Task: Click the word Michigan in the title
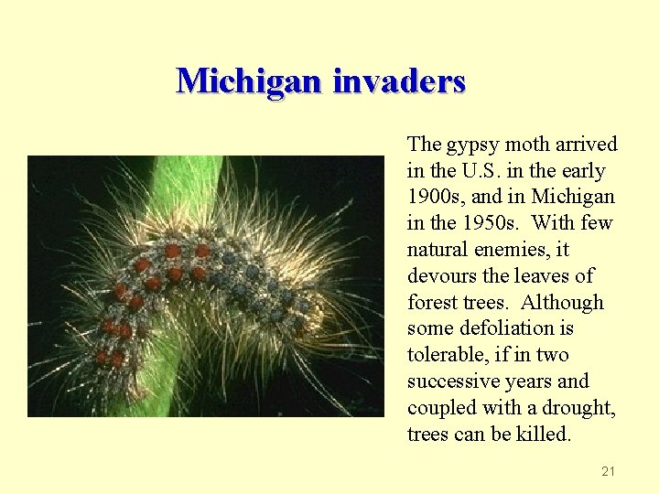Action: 249,81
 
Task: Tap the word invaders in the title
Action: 399,81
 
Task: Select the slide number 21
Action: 609,471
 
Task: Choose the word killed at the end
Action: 543,434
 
